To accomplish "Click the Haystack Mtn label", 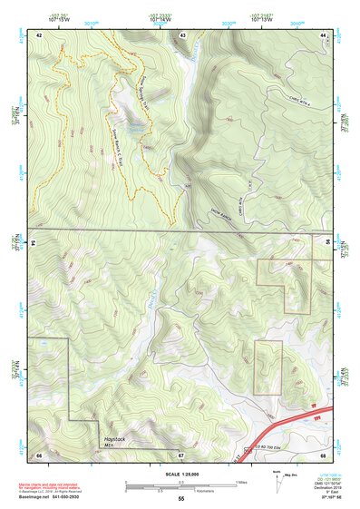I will [114, 442].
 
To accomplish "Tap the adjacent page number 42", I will [40, 34].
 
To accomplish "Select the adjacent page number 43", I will [183, 34].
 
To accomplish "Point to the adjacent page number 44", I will [324, 34].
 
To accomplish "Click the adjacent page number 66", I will [40, 454].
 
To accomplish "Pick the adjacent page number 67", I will [181, 454].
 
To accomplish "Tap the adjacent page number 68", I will [323, 454].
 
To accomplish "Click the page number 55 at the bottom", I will [181, 499].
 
